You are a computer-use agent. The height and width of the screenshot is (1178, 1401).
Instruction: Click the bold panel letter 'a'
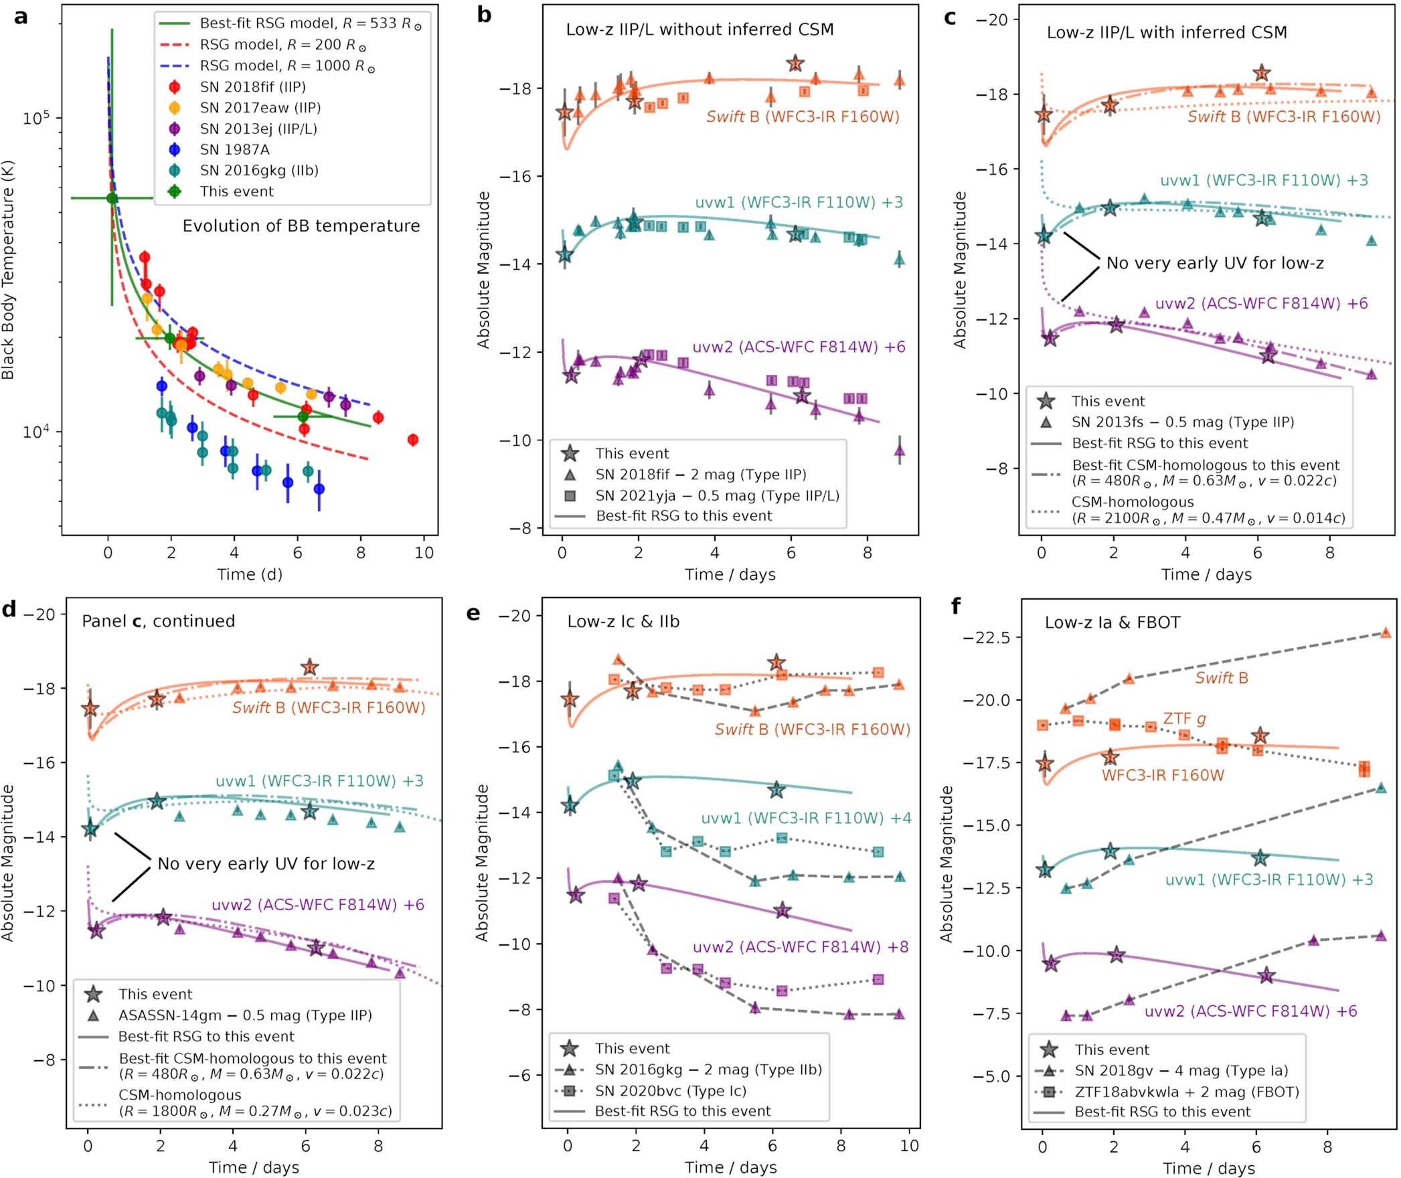click(21, 16)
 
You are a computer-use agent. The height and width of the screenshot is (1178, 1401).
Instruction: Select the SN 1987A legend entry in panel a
click(234, 149)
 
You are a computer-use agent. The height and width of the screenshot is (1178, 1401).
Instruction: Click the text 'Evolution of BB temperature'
click(301, 226)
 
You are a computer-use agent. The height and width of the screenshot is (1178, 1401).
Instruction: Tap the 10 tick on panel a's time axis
click(424, 553)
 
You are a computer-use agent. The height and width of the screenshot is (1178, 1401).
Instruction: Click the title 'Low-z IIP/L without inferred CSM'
click(699, 29)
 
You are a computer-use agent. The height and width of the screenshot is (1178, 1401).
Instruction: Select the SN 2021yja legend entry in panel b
click(717, 495)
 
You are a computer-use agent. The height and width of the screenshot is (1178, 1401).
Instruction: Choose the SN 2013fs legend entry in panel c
click(1182, 422)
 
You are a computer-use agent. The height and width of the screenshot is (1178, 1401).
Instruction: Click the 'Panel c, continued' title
click(158, 621)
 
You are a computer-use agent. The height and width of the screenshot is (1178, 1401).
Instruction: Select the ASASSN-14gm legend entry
click(245, 1015)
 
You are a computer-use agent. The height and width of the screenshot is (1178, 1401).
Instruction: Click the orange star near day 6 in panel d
click(309, 667)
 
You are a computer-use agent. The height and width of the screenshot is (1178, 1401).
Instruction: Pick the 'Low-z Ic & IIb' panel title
click(623, 622)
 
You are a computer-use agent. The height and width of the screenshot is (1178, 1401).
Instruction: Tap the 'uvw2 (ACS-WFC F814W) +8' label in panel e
click(801, 947)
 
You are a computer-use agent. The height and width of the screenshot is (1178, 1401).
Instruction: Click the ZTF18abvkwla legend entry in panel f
click(1186, 1092)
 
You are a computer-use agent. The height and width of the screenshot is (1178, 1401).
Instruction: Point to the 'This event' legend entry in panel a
click(236, 191)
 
